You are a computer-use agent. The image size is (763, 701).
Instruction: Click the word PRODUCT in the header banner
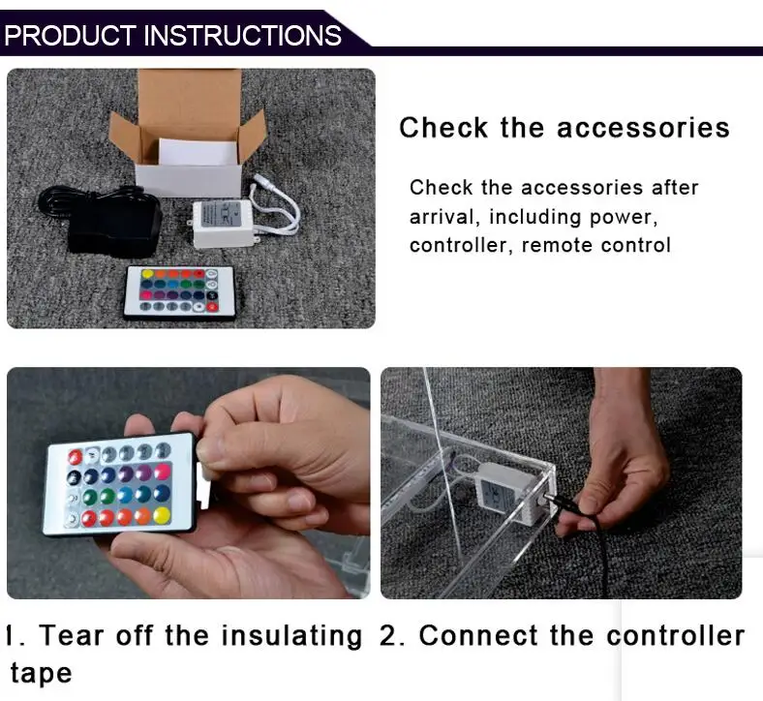tap(70, 36)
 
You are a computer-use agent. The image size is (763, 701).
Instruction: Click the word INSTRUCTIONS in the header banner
tap(242, 36)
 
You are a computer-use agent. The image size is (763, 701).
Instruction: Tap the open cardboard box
tap(189, 134)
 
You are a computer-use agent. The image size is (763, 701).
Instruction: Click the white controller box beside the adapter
tap(223, 224)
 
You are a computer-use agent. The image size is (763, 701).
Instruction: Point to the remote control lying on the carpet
tap(180, 292)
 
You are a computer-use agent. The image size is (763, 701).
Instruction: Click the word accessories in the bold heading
tap(643, 128)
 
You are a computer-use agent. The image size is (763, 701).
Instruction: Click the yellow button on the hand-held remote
tap(162, 515)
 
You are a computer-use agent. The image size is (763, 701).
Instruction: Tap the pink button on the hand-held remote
tap(163, 471)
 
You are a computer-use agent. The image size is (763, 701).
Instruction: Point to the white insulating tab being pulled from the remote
tap(203, 484)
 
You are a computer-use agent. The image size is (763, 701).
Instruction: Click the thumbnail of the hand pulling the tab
tap(188, 482)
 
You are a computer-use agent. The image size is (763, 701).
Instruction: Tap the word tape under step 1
tap(41, 673)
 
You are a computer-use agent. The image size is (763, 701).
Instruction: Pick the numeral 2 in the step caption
tap(389, 636)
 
